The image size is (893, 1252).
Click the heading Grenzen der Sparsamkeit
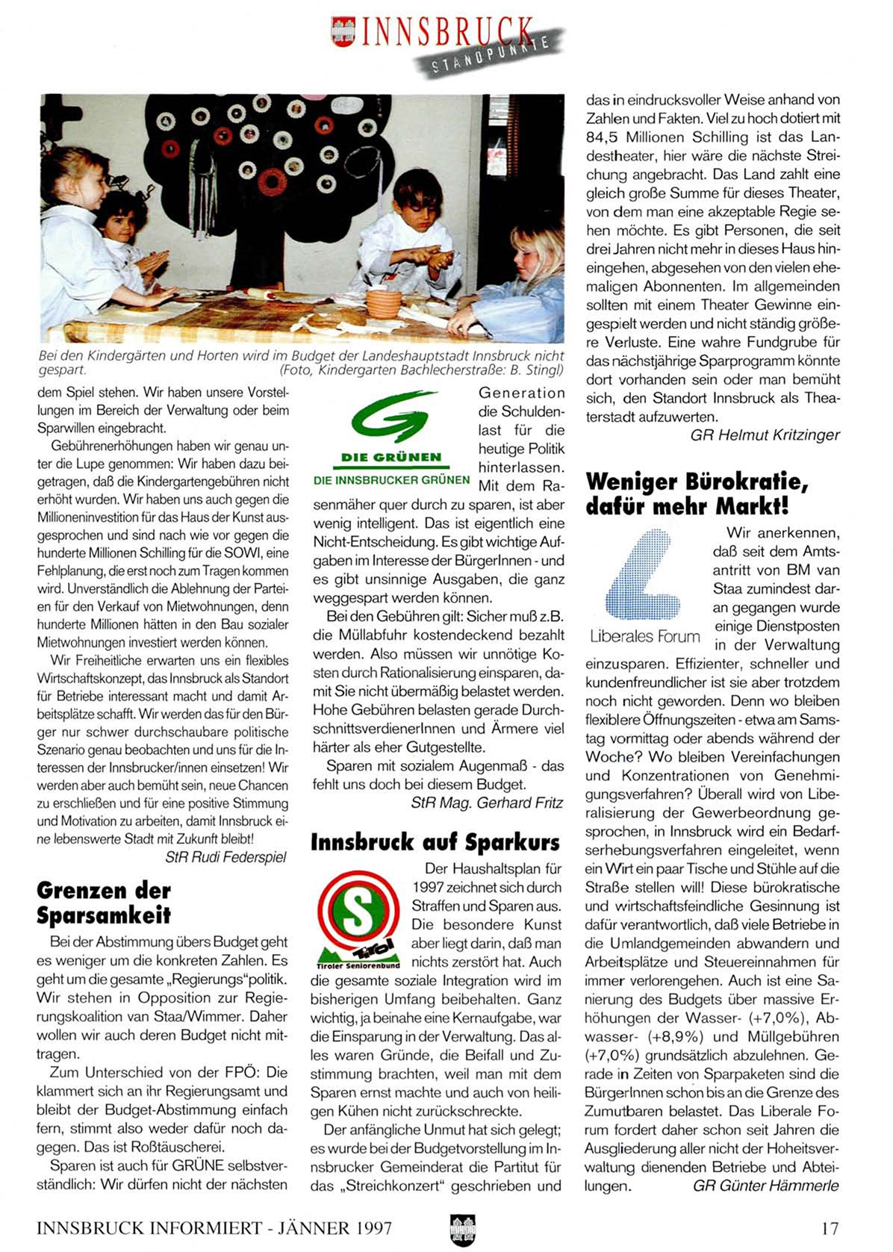click(x=104, y=902)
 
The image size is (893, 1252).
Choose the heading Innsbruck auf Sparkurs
click(x=435, y=842)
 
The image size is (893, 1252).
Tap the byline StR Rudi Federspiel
click(x=225, y=857)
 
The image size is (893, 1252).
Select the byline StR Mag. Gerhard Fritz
click(x=487, y=803)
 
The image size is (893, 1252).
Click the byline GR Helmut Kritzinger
click(x=765, y=435)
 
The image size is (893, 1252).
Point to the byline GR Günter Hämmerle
click(x=765, y=1186)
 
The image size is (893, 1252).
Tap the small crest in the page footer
click(x=463, y=1229)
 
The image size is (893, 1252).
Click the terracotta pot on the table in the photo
click(x=384, y=302)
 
